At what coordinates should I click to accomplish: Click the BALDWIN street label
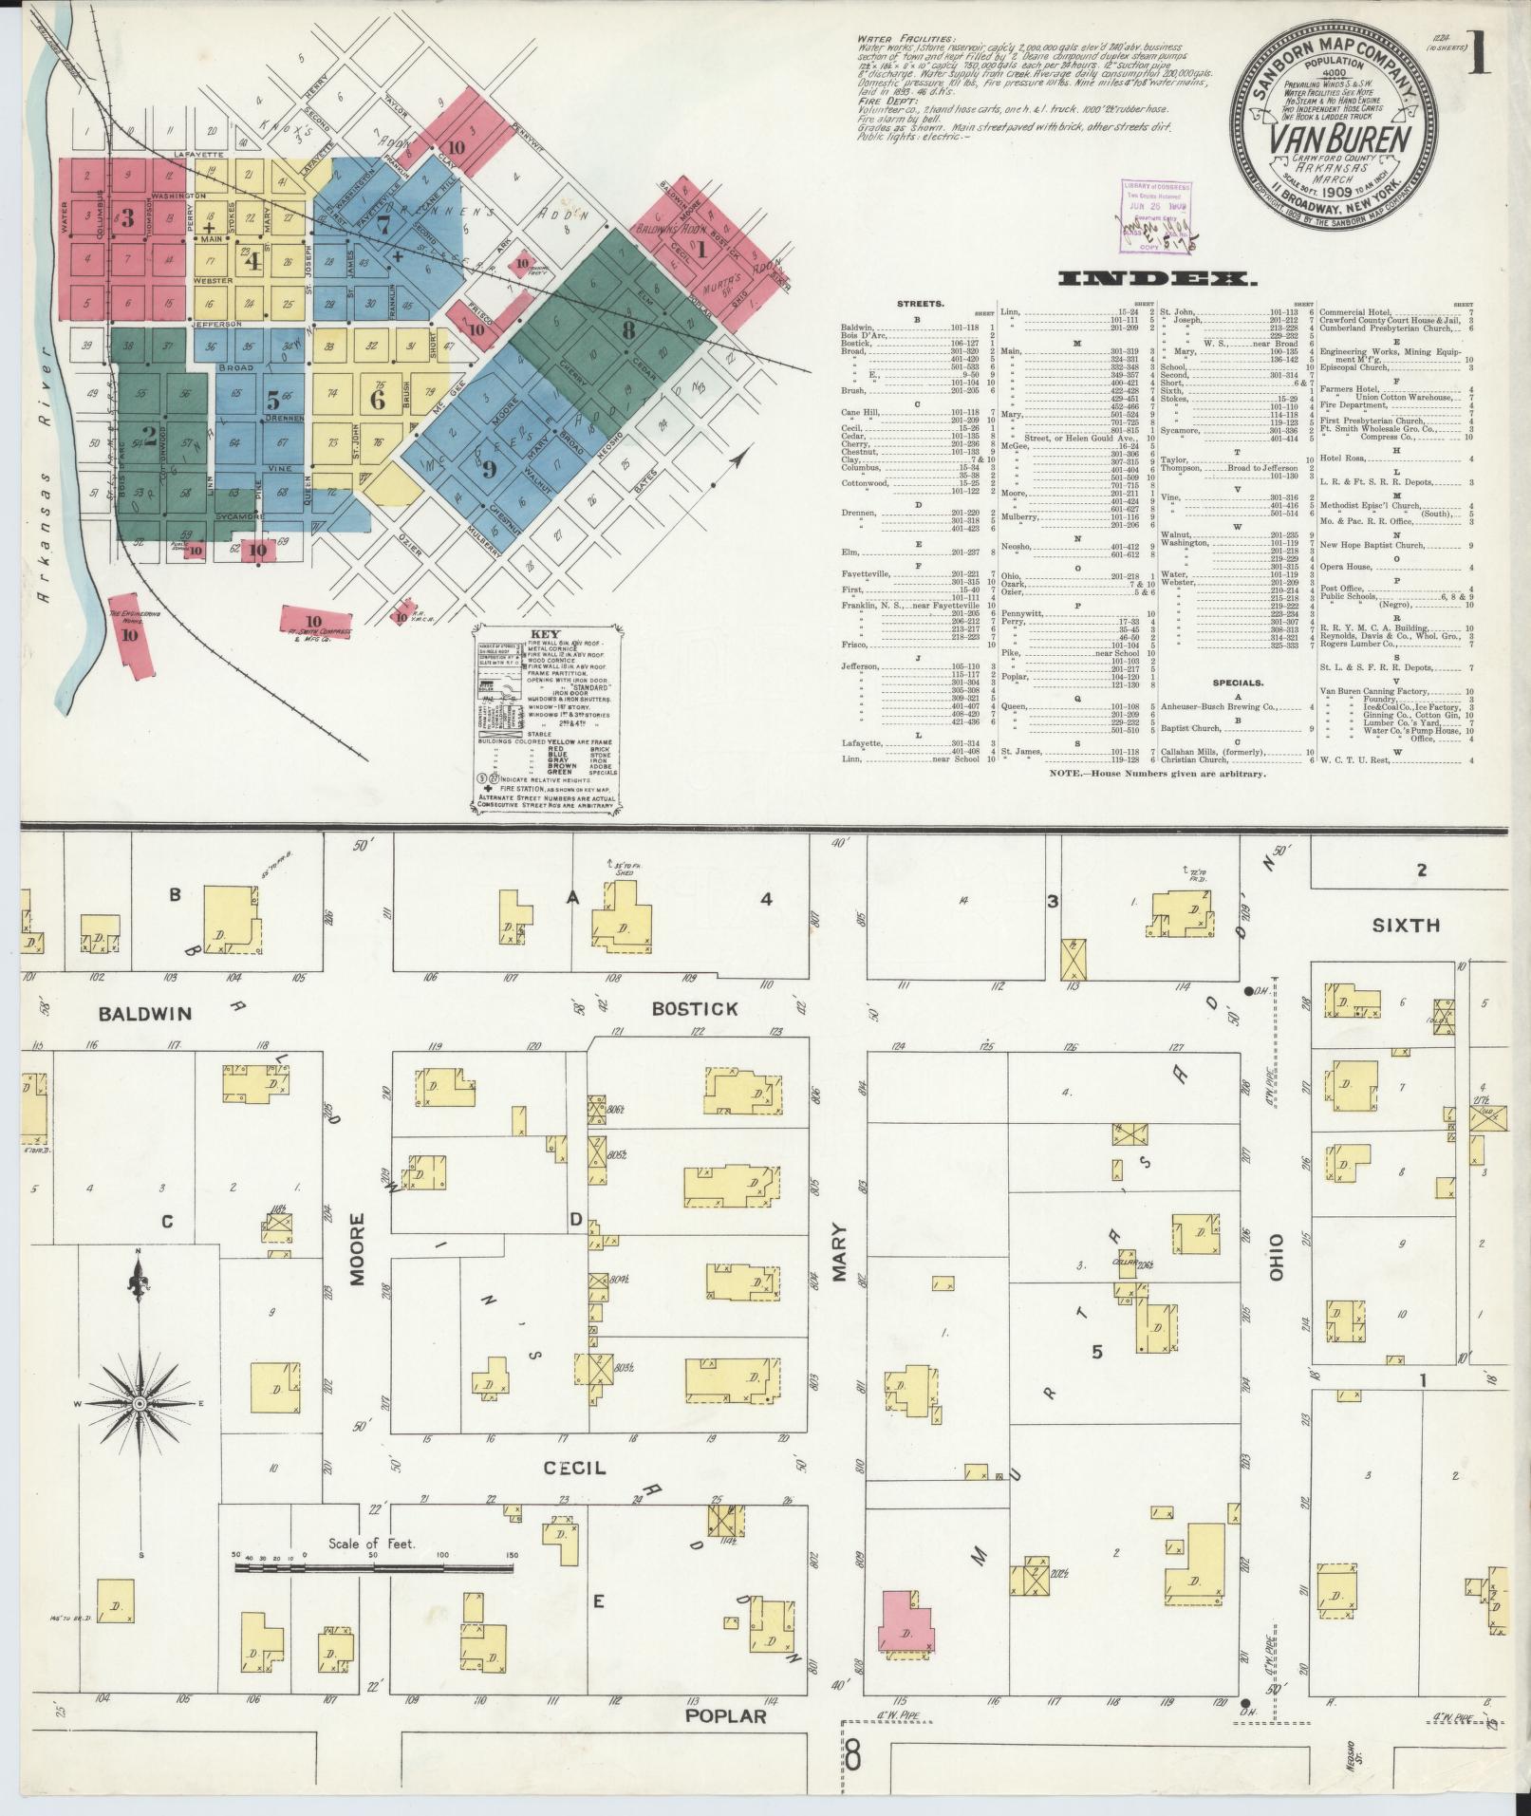(x=144, y=1014)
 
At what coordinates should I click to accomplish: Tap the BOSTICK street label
(x=694, y=1008)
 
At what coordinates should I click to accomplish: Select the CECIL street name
(x=574, y=1468)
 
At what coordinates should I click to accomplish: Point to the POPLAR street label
(x=725, y=1715)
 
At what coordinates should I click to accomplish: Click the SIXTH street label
(x=1405, y=925)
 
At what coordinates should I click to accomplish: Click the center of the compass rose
(x=140, y=1403)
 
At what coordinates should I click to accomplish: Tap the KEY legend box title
(x=547, y=634)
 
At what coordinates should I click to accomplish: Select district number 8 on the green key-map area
(x=627, y=329)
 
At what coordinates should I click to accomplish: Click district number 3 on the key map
(x=127, y=215)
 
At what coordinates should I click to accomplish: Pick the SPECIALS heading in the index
(x=1237, y=682)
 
